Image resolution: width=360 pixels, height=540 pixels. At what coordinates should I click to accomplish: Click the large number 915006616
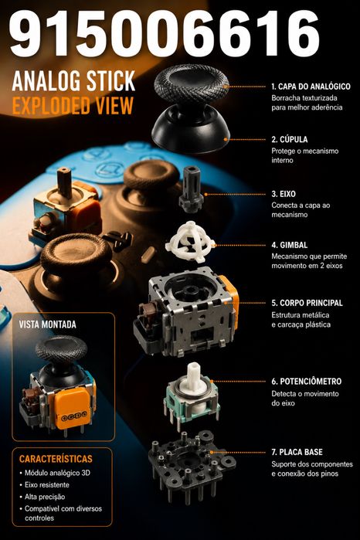click(x=165, y=33)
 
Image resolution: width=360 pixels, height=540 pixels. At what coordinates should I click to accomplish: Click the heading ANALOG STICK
click(x=73, y=81)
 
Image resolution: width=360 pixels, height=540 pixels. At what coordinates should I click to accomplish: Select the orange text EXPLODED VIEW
click(x=73, y=105)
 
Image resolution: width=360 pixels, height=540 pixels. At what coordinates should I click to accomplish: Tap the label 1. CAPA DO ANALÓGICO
click(x=311, y=87)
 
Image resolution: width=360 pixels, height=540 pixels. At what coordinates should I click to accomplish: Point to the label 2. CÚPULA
click(x=290, y=140)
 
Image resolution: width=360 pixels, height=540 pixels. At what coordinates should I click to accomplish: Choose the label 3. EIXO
click(x=284, y=194)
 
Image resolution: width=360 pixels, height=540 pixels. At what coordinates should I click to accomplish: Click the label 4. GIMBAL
click(x=290, y=245)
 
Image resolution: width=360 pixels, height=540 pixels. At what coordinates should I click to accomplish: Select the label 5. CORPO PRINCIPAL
click(x=307, y=303)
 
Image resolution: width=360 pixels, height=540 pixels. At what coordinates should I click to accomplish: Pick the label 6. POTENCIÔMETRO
click(x=306, y=381)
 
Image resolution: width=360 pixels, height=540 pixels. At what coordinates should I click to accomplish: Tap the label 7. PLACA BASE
click(x=297, y=452)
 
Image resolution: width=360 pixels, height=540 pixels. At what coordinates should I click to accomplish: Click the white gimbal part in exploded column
click(x=190, y=242)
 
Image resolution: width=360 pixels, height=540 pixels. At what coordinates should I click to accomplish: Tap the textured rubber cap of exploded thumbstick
click(x=192, y=84)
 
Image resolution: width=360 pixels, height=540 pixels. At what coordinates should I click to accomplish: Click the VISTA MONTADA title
click(x=48, y=324)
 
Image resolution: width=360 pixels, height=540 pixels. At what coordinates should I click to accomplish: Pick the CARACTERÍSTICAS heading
click(x=56, y=459)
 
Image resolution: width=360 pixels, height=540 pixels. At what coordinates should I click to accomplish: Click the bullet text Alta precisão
click(x=45, y=497)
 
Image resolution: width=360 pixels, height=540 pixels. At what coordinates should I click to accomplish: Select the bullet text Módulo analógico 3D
click(x=57, y=473)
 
